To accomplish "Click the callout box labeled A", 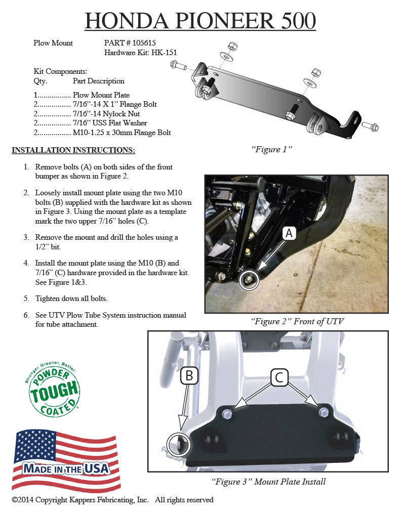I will click(289, 233).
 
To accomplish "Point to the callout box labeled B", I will click(189, 375).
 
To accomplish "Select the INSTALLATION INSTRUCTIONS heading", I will click(73, 150).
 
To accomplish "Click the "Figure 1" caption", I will click(272, 150).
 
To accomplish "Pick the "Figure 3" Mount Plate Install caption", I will click(268, 482).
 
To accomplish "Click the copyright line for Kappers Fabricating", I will click(112, 500).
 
